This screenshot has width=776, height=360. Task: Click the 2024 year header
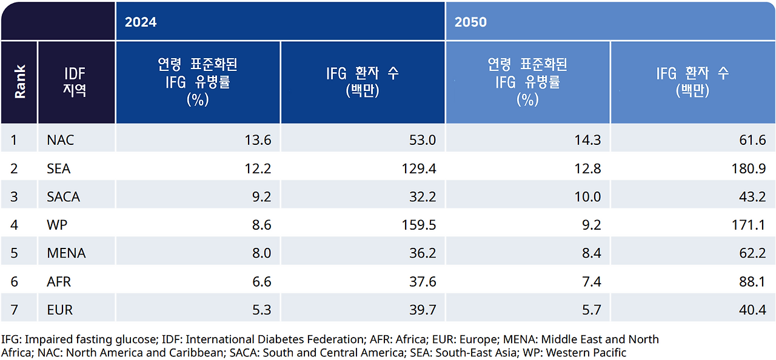[x=141, y=22]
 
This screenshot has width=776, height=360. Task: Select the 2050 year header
[x=470, y=22]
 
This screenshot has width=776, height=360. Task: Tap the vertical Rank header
[x=19, y=82]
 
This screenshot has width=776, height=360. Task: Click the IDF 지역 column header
[x=76, y=82]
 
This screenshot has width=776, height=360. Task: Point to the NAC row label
[x=60, y=140]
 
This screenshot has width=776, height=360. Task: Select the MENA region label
[x=66, y=253]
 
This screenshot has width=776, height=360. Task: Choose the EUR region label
[x=59, y=310]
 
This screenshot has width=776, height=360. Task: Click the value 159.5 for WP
[x=419, y=225]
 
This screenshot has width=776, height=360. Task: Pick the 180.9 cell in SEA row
[x=749, y=168]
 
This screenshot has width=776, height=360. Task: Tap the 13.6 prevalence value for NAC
[x=258, y=140]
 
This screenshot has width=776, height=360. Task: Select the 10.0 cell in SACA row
[x=587, y=197]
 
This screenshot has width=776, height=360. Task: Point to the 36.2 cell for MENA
[x=423, y=253]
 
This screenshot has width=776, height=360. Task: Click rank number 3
[x=14, y=197]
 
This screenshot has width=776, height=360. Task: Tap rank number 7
[x=14, y=310]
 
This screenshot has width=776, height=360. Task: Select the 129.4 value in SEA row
[x=419, y=168]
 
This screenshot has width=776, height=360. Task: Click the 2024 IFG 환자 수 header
[x=363, y=82]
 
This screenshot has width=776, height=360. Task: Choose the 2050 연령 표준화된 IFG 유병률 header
[x=527, y=82]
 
